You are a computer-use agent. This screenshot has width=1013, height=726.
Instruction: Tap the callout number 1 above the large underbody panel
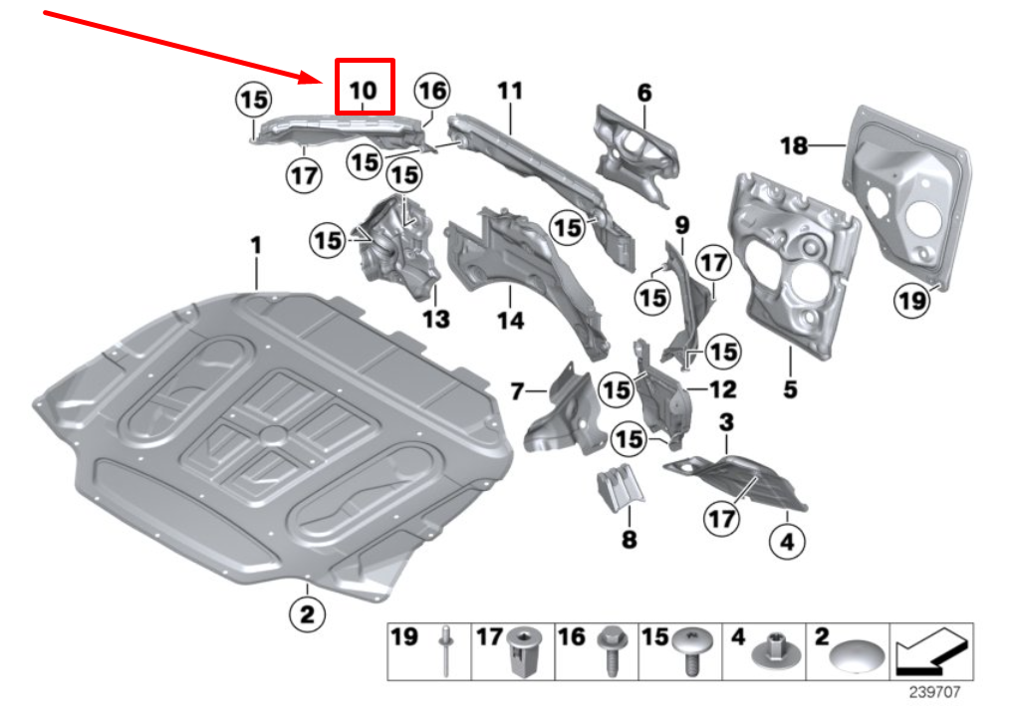coord(256,244)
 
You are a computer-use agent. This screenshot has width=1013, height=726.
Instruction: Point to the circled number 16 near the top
coord(431,92)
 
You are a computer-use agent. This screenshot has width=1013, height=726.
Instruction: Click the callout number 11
coord(509,91)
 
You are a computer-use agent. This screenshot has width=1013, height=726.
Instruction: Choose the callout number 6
coord(644,93)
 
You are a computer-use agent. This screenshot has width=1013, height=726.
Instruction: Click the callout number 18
coord(794,146)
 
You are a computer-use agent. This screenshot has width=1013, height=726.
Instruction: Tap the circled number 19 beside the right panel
coord(911,299)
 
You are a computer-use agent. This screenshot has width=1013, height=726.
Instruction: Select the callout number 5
coord(790,389)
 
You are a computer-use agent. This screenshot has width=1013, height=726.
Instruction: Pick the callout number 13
coord(435,320)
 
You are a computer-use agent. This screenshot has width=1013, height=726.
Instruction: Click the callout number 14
coord(510,320)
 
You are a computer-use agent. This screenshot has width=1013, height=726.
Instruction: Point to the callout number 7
coord(517,392)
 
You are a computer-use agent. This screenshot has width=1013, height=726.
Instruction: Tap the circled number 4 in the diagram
coord(787,543)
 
